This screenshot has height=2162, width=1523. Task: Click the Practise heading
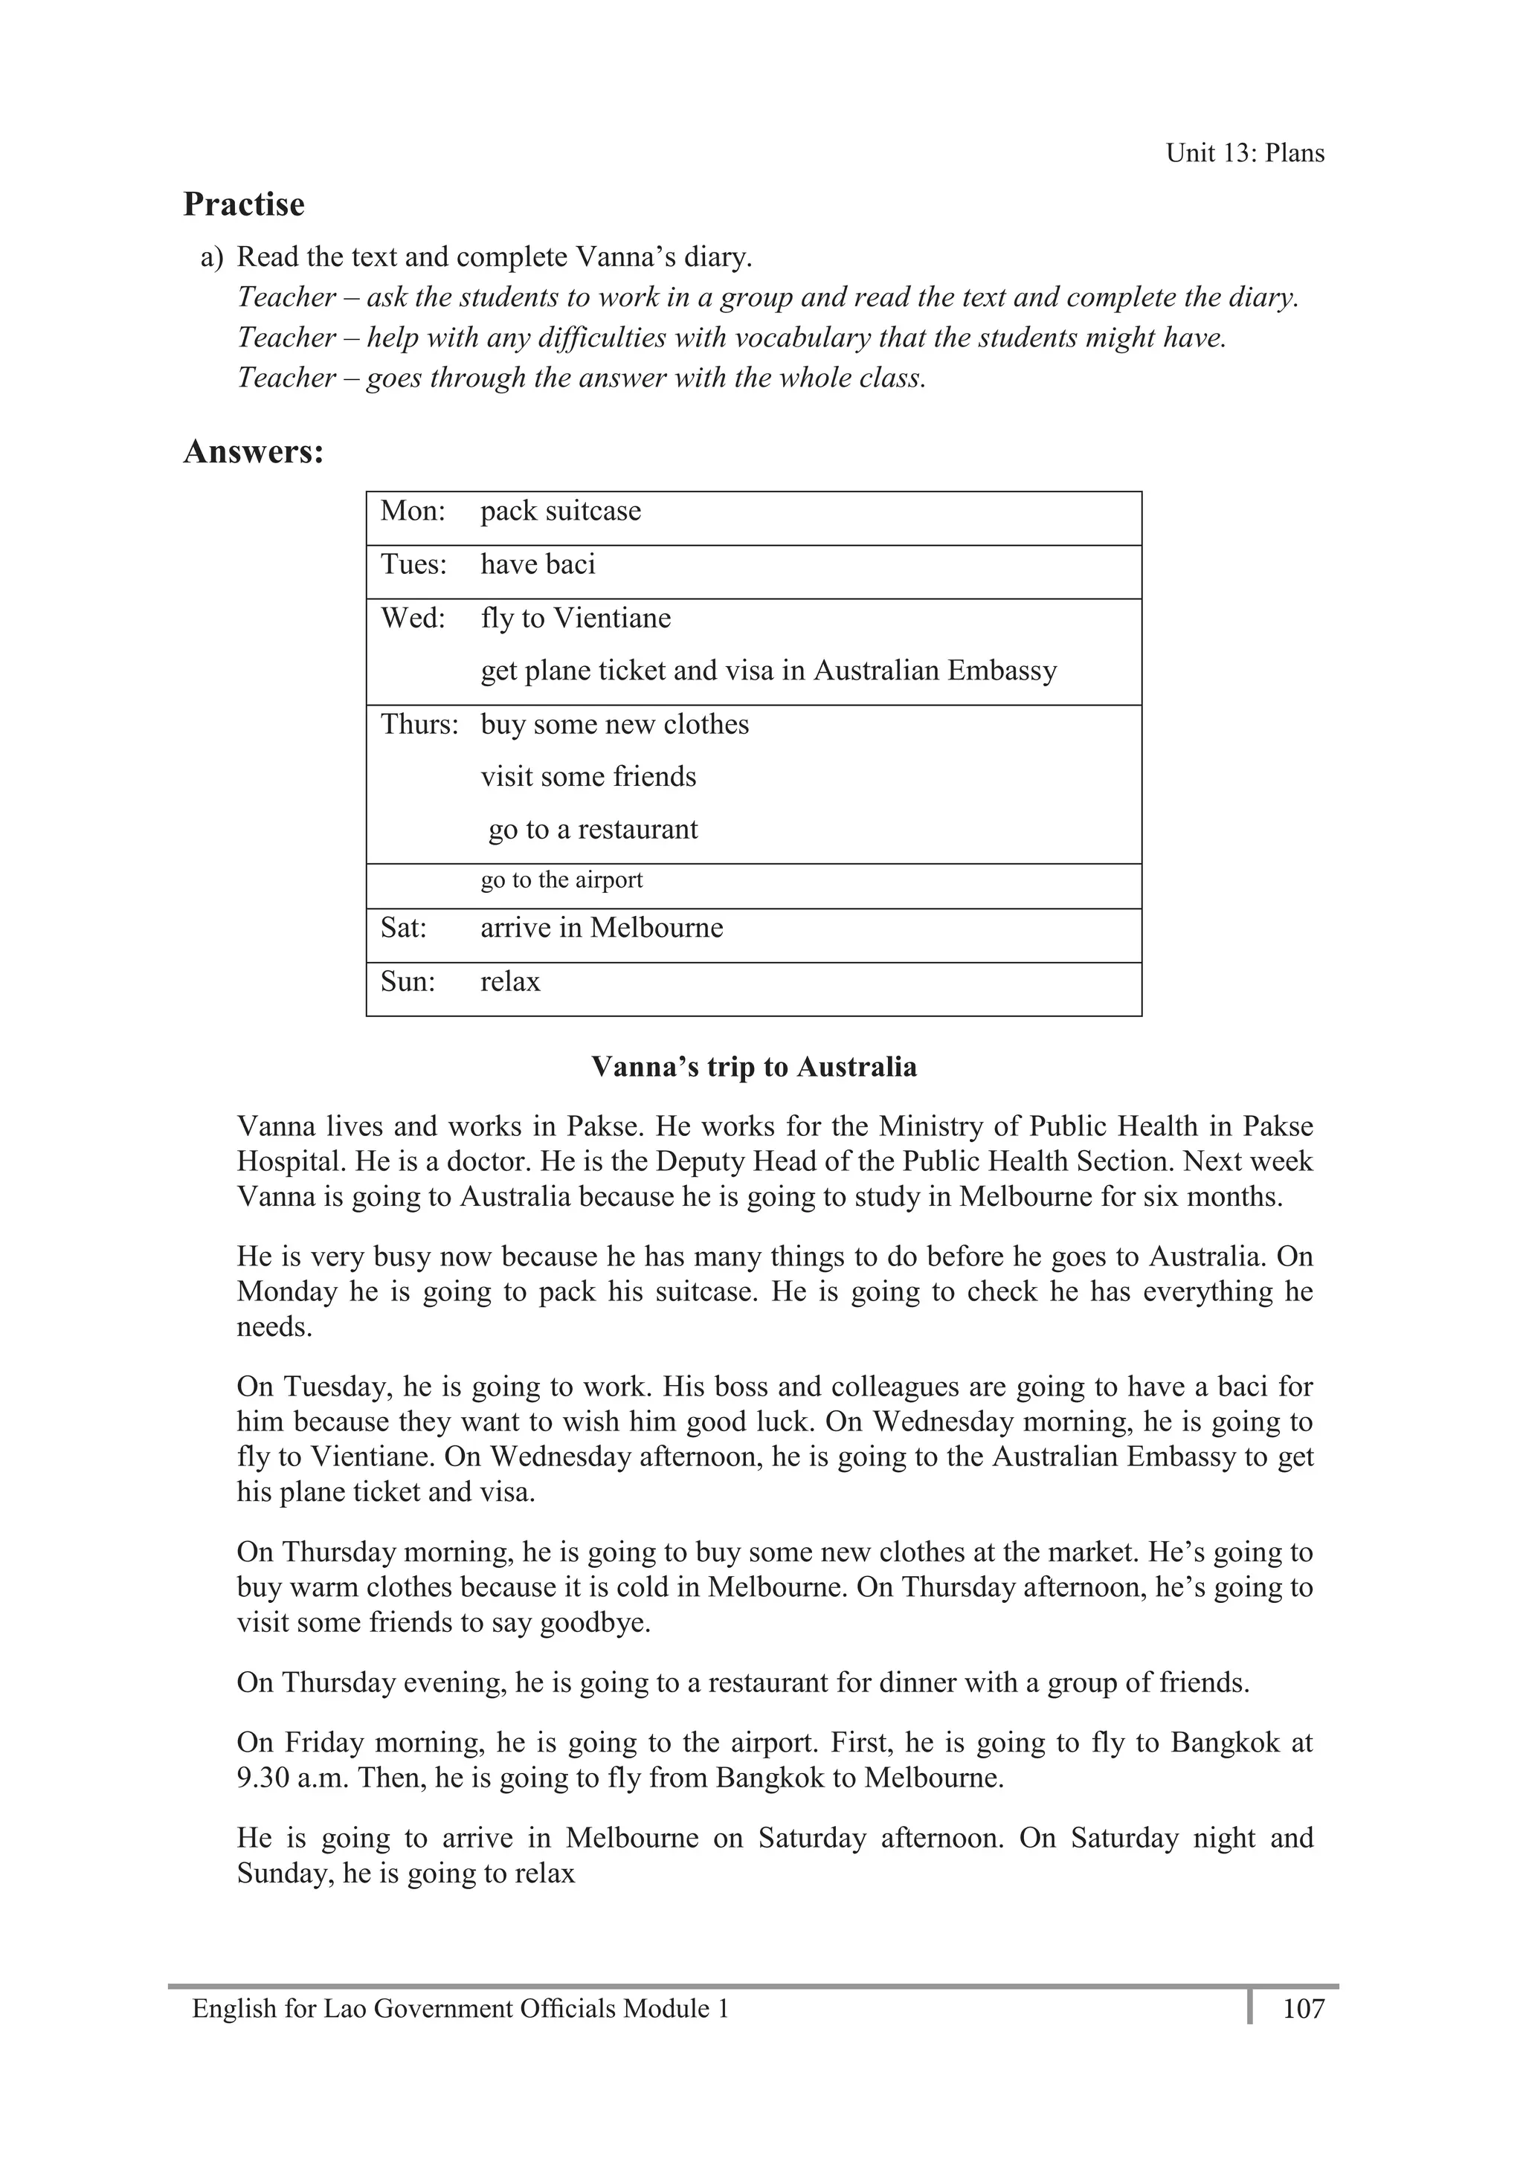[x=244, y=204]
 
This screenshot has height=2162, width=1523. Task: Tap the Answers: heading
[x=254, y=452]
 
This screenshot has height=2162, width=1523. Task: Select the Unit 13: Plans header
[x=1244, y=153]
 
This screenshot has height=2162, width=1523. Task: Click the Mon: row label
[x=413, y=512]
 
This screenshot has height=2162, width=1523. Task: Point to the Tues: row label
[x=413, y=565]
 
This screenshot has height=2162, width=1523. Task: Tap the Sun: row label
[x=408, y=982]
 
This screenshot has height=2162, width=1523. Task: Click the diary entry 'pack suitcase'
[x=561, y=512]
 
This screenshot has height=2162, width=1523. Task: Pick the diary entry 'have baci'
[x=538, y=565]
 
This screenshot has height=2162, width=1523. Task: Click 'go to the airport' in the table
[x=561, y=880]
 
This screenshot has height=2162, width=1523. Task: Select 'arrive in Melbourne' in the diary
[x=602, y=929]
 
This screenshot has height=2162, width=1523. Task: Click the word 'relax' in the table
[x=510, y=982]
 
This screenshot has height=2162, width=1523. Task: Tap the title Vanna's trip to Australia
[x=753, y=1067]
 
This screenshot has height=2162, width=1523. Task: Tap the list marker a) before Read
[x=212, y=257]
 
